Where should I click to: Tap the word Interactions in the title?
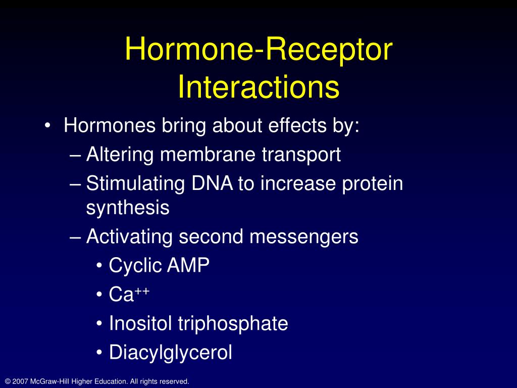(258, 86)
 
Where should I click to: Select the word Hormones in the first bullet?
(110, 125)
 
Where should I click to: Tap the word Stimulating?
(135, 184)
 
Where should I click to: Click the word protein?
(372, 184)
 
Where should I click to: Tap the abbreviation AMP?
(188, 265)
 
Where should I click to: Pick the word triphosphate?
(233, 324)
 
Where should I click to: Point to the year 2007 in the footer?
(20, 381)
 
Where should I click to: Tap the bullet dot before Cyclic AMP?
(99, 266)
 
